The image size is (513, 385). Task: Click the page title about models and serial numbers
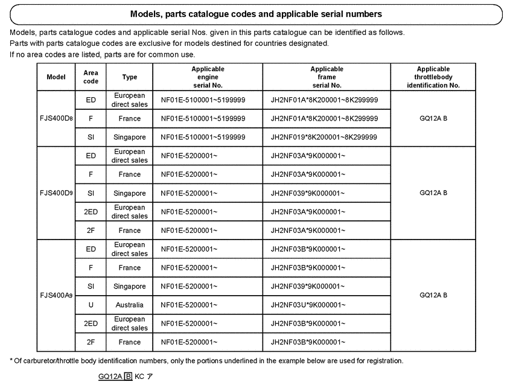point(256,13)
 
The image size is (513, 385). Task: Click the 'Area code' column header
point(91,77)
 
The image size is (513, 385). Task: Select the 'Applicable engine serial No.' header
point(207,77)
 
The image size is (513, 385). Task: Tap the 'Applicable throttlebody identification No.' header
point(433,77)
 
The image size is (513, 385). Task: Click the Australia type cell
point(130,305)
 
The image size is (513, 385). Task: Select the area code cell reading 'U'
point(91,305)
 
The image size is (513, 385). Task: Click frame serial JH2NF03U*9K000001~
point(308,305)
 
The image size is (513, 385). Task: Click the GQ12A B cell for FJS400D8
point(433,119)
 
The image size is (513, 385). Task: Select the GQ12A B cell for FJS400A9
point(433,296)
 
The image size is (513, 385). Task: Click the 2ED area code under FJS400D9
point(91,212)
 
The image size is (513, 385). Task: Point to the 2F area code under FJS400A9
point(91,342)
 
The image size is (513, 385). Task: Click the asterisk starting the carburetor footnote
point(11,361)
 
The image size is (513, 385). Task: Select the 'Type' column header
point(130,77)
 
